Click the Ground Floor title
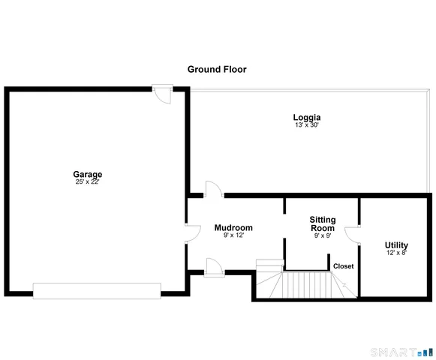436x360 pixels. pyautogui.click(x=217, y=69)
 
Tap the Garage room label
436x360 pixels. pyautogui.click(x=88, y=174)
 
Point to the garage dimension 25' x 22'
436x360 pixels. pyautogui.click(x=88, y=181)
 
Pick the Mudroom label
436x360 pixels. pyautogui.click(x=233, y=227)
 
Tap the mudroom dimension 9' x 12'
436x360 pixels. pyautogui.click(x=233, y=235)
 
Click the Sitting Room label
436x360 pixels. pyautogui.click(x=323, y=223)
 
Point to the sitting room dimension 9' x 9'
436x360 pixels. pyautogui.click(x=323, y=235)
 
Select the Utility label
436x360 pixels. pyautogui.click(x=396, y=245)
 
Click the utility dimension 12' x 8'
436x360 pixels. pyautogui.click(x=396, y=253)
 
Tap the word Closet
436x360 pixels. pyautogui.click(x=344, y=266)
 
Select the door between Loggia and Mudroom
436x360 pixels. pyautogui.click(x=213, y=190)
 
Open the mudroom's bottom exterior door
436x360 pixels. pyautogui.click(x=213, y=265)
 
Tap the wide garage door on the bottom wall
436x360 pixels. pyautogui.click(x=97, y=290)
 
